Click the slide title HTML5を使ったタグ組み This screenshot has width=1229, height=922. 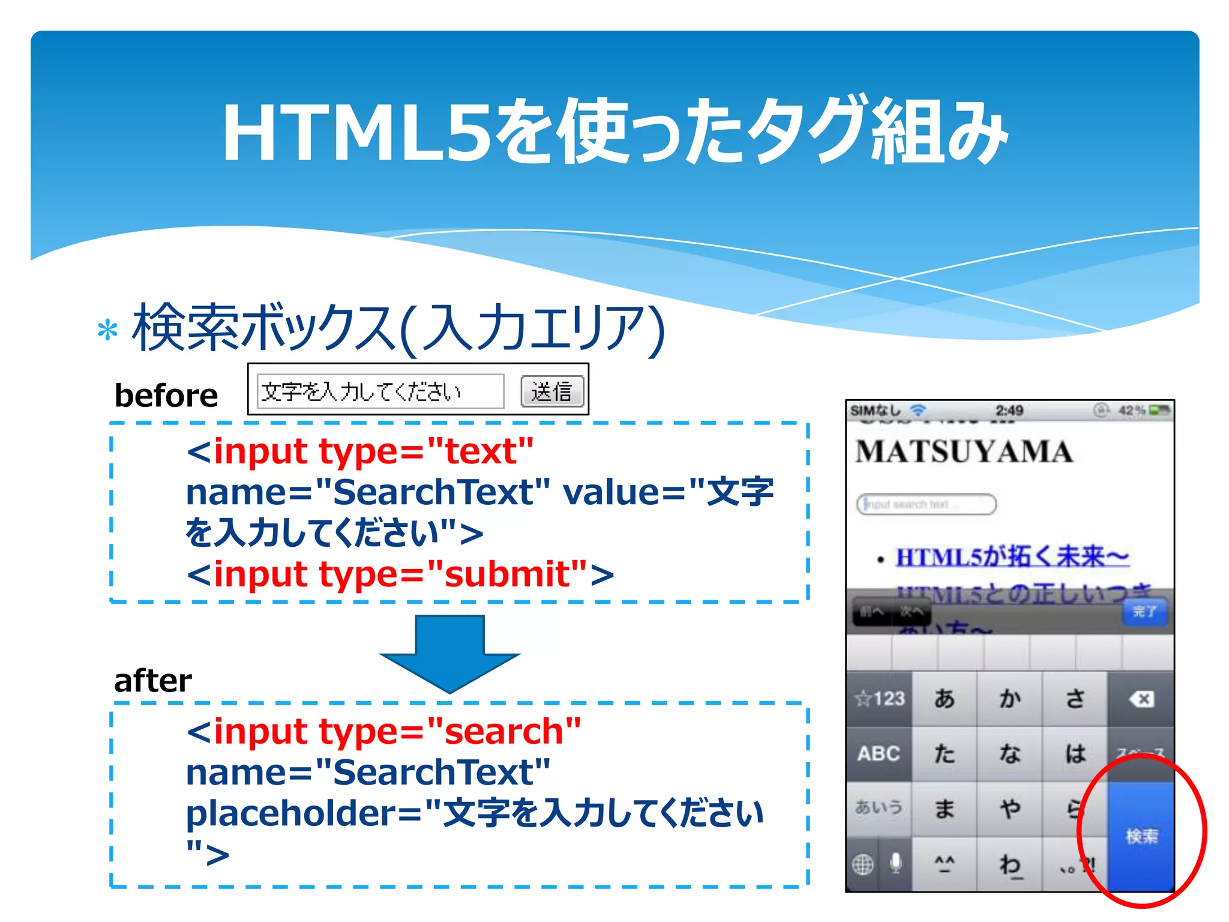[614, 132]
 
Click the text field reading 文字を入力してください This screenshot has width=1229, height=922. [380, 392]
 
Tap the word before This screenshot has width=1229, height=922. [166, 396]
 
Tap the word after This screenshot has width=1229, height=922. [153, 681]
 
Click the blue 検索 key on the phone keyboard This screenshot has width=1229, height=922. [1141, 836]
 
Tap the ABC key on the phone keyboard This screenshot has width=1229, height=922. [879, 753]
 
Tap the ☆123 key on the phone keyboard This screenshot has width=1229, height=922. [880, 699]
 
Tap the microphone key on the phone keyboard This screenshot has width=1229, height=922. [895, 864]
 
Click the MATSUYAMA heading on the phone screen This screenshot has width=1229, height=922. [964, 452]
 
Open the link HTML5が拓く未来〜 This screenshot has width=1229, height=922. [1012, 557]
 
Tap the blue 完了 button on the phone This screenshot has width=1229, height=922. [1144, 612]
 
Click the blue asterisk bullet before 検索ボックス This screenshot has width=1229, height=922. [107, 331]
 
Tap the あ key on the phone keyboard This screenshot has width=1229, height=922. [945, 699]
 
